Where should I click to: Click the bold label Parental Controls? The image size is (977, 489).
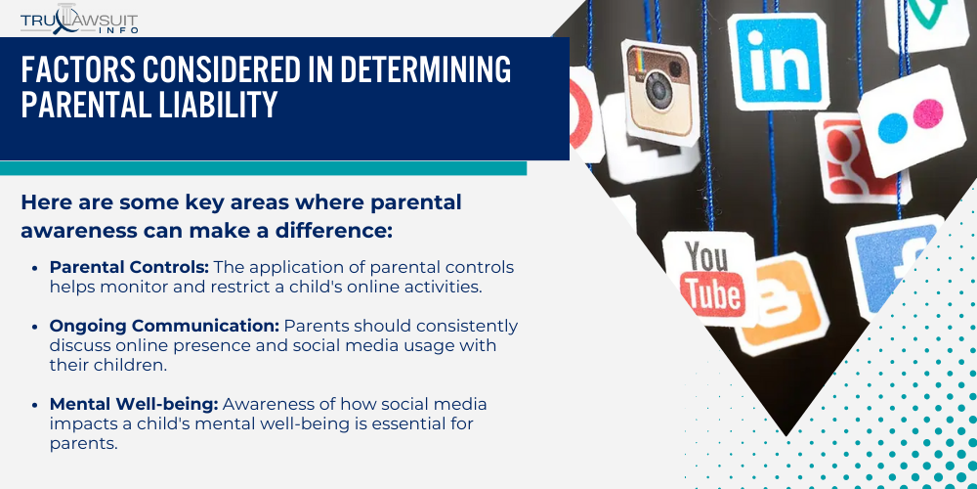[128, 267]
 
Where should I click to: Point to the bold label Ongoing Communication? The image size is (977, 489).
[163, 326]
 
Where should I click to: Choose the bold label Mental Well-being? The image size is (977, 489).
[123, 404]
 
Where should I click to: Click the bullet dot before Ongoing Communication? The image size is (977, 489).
[38, 327]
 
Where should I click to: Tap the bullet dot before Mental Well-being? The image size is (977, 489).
[38, 405]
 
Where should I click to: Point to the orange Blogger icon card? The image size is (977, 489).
[782, 302]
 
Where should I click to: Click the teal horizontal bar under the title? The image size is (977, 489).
[263, 168]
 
